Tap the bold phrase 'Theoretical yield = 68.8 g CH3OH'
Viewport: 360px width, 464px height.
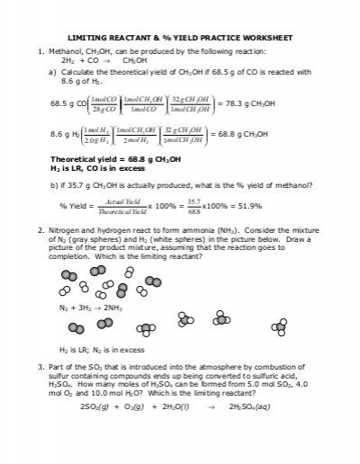click(117, 156)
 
